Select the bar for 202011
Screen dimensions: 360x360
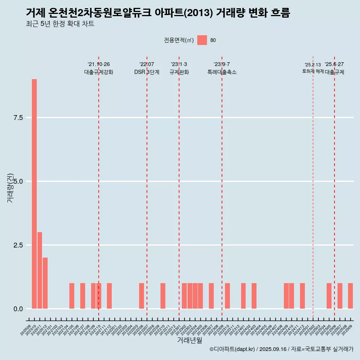(40, 270)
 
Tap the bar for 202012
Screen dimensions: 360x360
(45, 283)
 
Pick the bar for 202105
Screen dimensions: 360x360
(72, 296)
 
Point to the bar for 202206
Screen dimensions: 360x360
(141, 296)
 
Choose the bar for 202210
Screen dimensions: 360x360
(163, 296)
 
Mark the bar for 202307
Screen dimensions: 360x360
(211, 296)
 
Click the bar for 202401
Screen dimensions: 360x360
(243, 296)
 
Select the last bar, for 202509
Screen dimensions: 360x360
(350, 296)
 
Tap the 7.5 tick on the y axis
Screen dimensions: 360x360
(18, 118)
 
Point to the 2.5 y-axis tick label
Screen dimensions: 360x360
(18, 245)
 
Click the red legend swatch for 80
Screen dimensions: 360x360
(202, 40)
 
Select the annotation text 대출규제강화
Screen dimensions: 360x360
(99, 72)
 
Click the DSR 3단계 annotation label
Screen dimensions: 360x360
(147, 72)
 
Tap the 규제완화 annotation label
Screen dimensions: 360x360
(179, 72)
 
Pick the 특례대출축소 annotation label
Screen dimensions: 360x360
(222, 72)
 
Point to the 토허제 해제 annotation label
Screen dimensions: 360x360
(313, 71)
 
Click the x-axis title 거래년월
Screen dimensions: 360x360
(189, 340)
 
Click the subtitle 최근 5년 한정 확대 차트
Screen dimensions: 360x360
(60, 24)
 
